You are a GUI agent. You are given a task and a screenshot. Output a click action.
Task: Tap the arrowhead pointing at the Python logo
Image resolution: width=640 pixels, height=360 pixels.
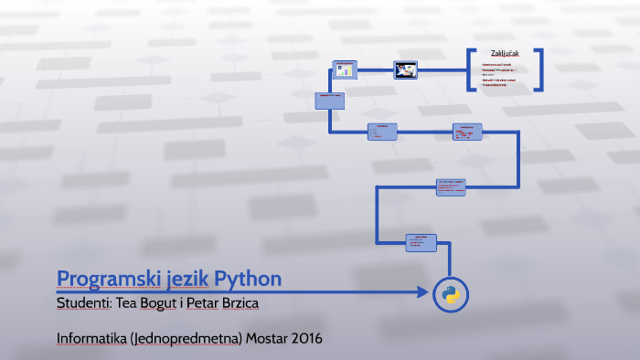tap(422, 293)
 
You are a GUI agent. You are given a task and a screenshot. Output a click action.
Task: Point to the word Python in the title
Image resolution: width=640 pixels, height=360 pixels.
tap(248, 278)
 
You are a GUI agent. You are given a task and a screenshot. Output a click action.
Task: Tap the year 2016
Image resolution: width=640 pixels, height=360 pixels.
tap(308, 338)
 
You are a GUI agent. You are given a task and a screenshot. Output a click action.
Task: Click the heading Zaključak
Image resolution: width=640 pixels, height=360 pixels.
tap(505, 52)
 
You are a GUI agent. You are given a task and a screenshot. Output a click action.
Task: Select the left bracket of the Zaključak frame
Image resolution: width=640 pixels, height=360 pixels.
tap(470, 70)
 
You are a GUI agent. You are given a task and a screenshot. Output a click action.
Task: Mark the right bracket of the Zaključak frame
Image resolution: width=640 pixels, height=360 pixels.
tap(541, 70)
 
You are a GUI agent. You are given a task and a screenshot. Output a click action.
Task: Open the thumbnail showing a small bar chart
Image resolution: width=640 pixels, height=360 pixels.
tap(345, 70)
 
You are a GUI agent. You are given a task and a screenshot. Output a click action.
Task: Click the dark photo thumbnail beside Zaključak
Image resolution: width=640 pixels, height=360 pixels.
tap(406, 69)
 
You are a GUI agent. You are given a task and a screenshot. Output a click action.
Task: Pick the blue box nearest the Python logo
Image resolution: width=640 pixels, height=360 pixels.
tap(421, 242)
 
